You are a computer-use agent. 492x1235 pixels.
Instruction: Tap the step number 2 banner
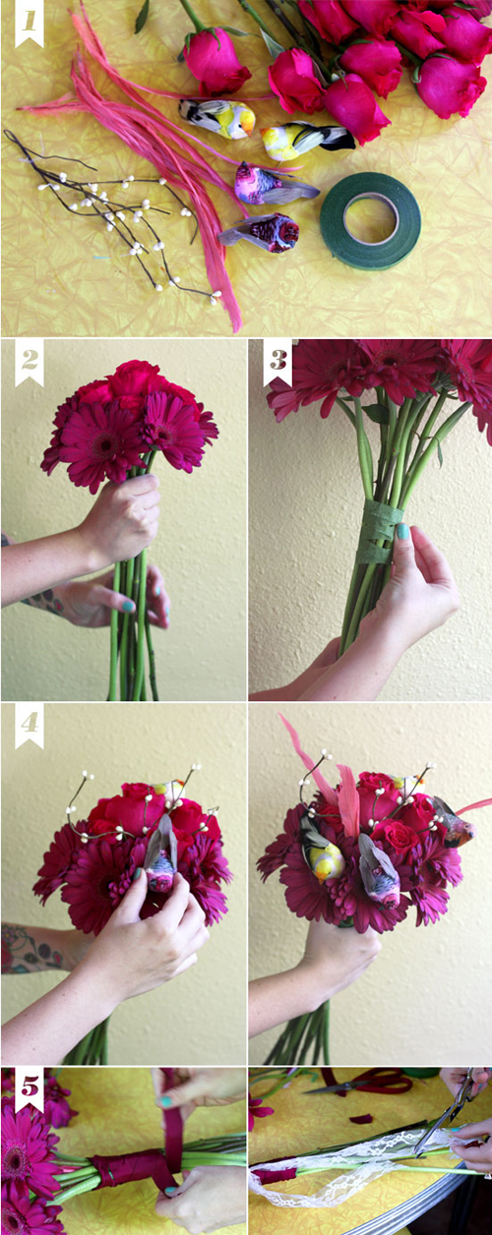pyautogui.click(x=30, y=362)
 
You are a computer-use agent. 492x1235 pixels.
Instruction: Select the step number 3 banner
pyautogui.click(x=277, y=362)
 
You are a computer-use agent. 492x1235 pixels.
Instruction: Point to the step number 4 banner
pyautogui.click(x=30, y=726)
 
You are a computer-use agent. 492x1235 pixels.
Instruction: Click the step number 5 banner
pyautogui.click(x=30, y=1089)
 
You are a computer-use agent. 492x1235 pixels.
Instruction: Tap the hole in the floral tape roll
pyautogui.click(x=370, y=217)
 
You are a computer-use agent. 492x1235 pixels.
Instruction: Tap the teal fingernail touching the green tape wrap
pyautogui.click(x=403, y=532)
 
